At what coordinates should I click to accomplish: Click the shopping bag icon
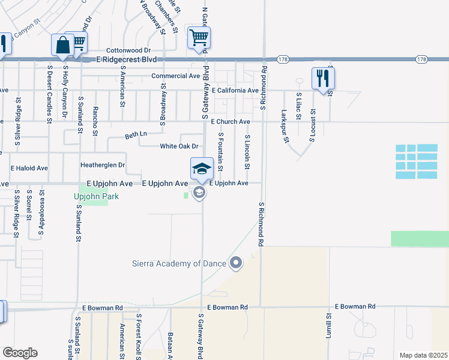pos(63,44)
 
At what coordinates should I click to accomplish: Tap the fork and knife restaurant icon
pos(323,77)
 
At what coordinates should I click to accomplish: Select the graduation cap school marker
pos(202,168)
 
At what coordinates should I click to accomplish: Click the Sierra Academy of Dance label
pos(179,263)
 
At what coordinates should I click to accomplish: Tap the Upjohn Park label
pos(96,196)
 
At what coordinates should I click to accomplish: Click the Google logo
pos(20,353)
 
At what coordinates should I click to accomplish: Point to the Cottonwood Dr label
pos(128,50)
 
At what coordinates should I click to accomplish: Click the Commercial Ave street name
pos(175,76)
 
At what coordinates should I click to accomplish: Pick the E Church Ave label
pos(231,122)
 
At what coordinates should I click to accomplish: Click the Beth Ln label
pos(135,134)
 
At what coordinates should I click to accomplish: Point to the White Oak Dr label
pos(179,146)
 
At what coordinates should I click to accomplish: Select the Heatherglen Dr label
pos(103,164)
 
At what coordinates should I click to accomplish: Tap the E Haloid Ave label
pos(29,169)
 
